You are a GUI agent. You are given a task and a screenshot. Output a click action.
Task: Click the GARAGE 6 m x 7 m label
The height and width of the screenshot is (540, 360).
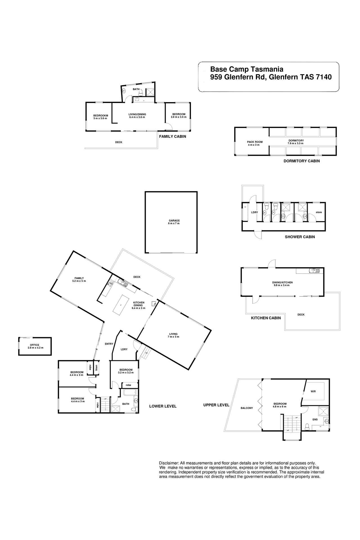click(174, 222)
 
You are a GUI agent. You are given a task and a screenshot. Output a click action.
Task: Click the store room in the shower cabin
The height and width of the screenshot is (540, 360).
click(319, 212)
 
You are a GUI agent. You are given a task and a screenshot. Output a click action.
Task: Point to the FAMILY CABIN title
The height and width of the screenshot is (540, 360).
click(172, 136)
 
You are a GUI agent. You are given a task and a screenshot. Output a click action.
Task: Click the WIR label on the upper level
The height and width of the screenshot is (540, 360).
click(313, 391)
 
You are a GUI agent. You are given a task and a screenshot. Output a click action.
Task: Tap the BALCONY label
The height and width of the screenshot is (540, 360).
click(247, 408)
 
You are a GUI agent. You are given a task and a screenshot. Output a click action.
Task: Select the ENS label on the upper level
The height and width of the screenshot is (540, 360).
click(315, 419)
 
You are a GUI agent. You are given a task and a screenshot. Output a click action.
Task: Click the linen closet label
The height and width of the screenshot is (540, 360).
click(96, 368)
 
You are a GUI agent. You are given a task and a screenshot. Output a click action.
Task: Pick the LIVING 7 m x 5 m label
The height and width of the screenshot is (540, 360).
click(174, 335)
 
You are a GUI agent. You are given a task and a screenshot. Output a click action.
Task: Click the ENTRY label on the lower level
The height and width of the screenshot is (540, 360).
click(109, 344)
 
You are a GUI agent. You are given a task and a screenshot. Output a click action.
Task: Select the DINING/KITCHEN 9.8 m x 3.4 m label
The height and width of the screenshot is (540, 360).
click(282, 284)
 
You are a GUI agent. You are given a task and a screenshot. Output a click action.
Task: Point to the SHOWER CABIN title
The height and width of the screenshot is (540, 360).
click(300, 237)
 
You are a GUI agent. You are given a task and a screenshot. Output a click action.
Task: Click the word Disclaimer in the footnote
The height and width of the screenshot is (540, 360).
click(169, 463)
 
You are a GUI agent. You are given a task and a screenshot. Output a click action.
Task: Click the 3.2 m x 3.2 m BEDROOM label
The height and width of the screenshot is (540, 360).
click(126, 371)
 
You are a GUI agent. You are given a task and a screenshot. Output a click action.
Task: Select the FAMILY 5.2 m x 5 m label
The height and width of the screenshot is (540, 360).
click(79, 280)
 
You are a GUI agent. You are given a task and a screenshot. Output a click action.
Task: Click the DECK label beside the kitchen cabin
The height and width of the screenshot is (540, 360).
click(301, 314)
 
